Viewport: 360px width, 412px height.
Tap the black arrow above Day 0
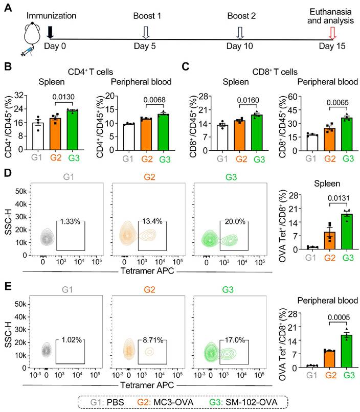50,32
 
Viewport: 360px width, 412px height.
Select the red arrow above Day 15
333,33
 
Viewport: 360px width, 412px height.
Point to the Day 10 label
239,47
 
